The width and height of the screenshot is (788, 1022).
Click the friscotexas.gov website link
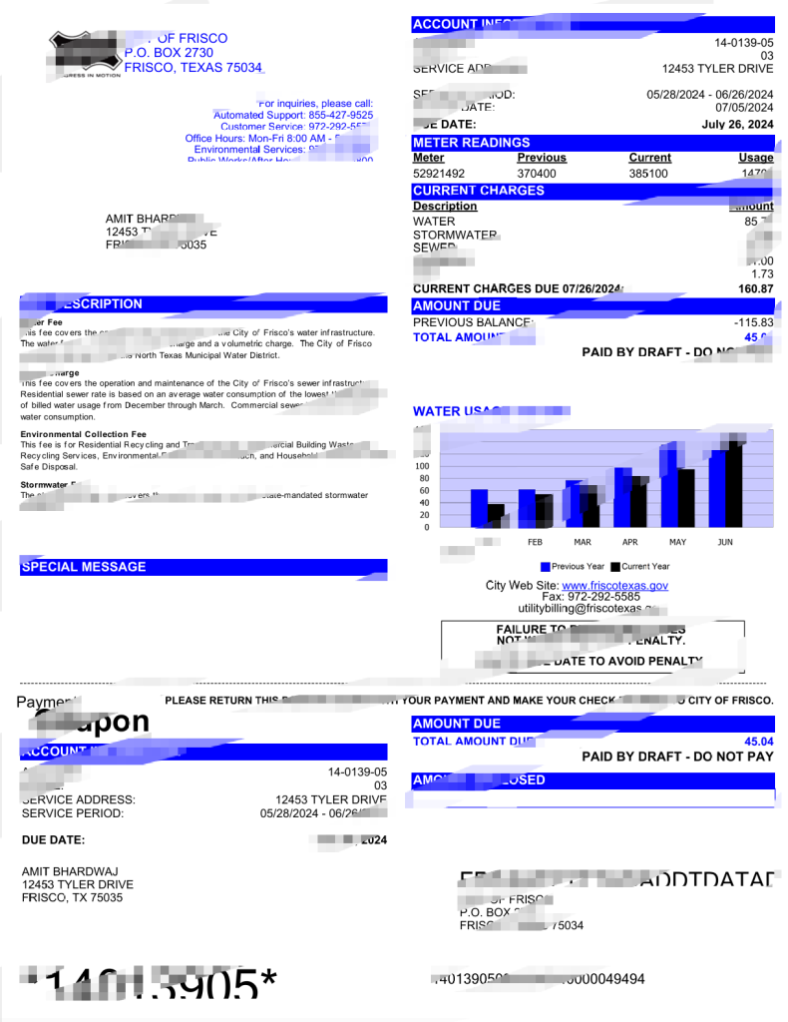615,586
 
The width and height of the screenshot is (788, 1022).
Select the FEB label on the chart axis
535,542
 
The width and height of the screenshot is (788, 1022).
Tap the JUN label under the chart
725,542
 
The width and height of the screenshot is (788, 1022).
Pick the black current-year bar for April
638,504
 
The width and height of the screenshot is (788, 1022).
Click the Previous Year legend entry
573,567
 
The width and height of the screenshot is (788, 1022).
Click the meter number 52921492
439,173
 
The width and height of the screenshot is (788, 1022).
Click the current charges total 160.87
755,288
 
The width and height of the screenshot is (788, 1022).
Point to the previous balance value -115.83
754,322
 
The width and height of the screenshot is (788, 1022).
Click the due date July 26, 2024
737,125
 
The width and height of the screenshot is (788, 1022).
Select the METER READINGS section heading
472,142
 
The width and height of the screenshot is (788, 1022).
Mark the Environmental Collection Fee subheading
83,434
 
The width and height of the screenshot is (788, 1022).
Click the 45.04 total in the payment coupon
758,742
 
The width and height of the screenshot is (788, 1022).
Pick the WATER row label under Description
434,221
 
